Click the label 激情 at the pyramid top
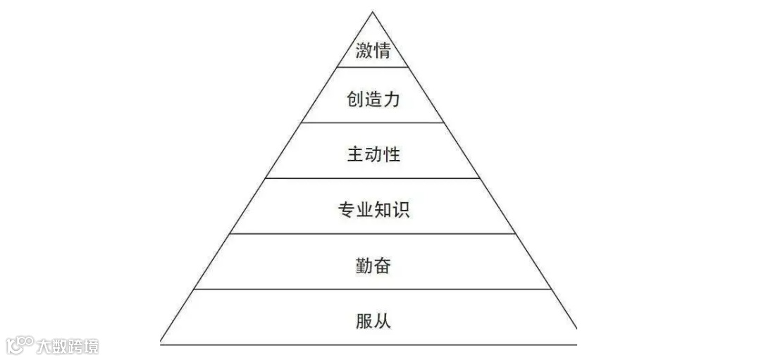[x=373, y=51]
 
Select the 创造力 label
[x=373, y=99]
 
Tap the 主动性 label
[x=373, y=154]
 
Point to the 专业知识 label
[x=373, y=210]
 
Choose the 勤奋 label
[x=373, y=266]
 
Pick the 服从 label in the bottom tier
[x=373, y=321]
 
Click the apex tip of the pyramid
[x=373, y=13]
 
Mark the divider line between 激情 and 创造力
[x=373, y=67]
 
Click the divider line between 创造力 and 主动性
[x=373, y=123]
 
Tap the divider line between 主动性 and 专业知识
[x=373, y=178]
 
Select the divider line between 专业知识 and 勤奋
[x=373, y=234]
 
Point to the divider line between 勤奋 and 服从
[x=373, y=289]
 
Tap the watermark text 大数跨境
[x=68, y=346]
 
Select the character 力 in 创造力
[x=391, y=99]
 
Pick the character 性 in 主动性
[x=392, y=154]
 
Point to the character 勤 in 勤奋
[x=364, y=266]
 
